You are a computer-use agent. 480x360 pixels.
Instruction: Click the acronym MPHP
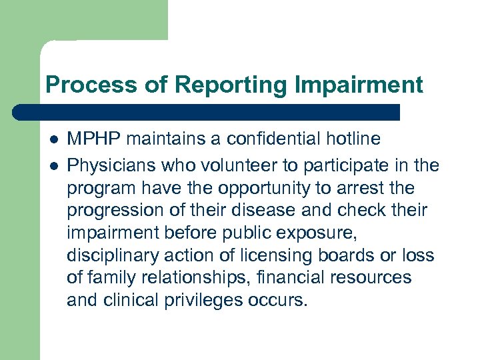(x=95, y=139)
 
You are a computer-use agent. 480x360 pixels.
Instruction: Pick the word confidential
(x=268, y=139)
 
